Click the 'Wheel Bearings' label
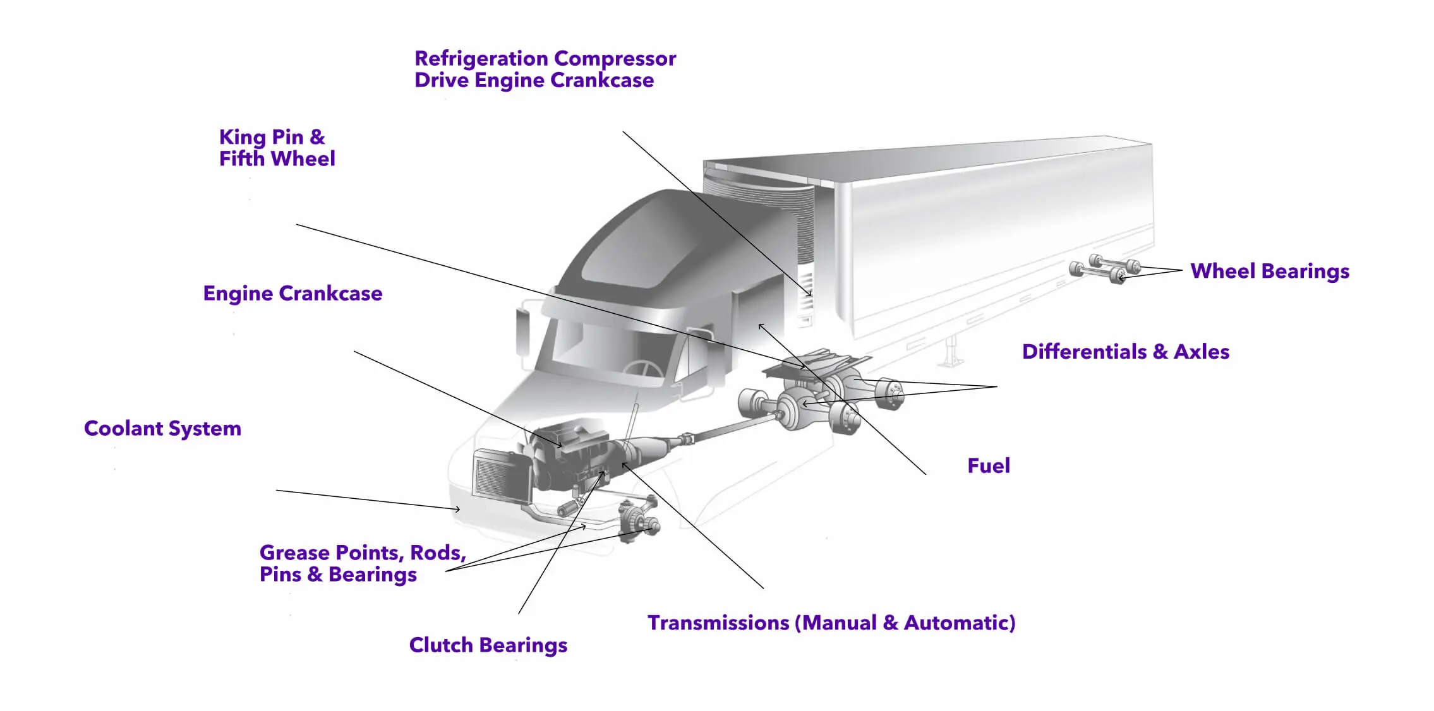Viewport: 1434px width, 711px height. (1270, 272)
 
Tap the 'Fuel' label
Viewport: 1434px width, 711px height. (989, 466)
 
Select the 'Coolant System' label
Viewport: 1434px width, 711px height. (162, 429)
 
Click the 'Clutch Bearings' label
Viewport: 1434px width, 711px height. (488, 645)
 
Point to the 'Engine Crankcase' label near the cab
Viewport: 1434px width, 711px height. (292, 294)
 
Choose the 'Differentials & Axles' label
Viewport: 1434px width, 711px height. (1126, 352)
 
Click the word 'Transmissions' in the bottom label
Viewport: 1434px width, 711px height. (718, 623)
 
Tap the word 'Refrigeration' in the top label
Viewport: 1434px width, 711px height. (481, 59)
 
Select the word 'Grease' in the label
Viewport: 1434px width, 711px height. (295, 553)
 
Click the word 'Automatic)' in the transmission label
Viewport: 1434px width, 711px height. (960, 623)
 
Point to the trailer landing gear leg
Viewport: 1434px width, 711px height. (949, 351)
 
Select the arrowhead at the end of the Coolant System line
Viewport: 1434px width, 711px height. (457, 509)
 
